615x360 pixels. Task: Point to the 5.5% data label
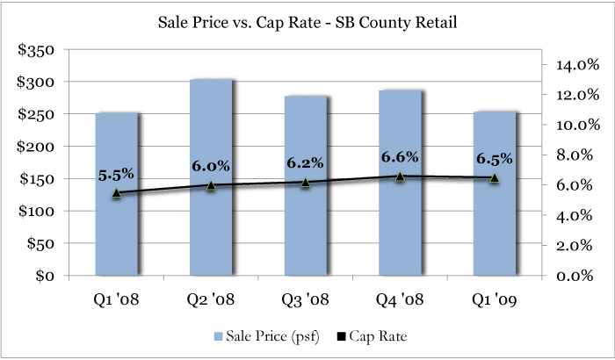(x=116, y=175)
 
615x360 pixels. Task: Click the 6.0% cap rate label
(x=211, y=166)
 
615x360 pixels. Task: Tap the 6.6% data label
(x=400, y=157)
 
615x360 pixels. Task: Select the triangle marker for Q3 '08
(x=305, y=183)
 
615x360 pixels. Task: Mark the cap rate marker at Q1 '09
(x=494, y=178)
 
